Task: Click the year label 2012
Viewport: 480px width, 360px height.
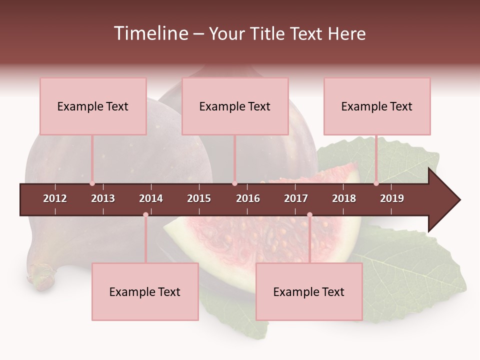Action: (x=55, y=198)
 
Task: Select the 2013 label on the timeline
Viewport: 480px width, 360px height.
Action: (x=103, y=198)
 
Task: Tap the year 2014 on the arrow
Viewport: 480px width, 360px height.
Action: (x=151, y=198)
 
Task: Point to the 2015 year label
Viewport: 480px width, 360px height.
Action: (x=199, y=198)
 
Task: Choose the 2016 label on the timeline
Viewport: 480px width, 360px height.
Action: (x=248, y=198)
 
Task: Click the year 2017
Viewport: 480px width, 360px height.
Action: (x=296, y=198)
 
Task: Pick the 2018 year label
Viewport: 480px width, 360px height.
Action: (x=344, y=198)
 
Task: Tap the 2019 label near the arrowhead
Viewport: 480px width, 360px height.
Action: (x=392, y=198)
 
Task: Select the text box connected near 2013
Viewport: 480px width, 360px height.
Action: (x=93, y=106)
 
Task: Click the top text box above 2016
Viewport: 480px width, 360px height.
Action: (x=235, y=106)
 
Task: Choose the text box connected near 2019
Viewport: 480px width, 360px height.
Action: (x=377, y=106)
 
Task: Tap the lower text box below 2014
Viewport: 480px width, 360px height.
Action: (x=145, y=291)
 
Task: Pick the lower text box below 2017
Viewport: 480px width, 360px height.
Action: (x=309, y=291)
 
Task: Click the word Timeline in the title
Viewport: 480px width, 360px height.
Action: (x=150, y=33)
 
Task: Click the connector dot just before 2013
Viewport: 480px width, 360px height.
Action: (x=92, y=183)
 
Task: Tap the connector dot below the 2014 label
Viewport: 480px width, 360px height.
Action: (x=145, y=215)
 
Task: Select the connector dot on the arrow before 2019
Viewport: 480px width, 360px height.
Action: (x=376, y=183)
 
